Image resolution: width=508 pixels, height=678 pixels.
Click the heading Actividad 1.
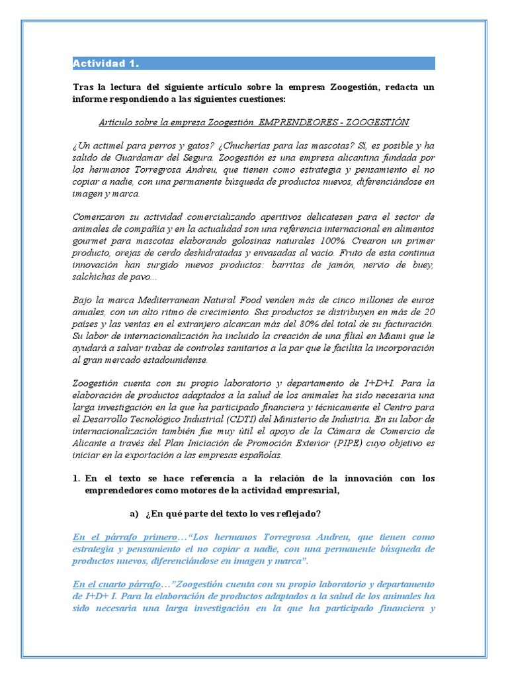point(106,64)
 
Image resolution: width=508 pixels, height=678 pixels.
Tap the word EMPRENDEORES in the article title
point(292,122)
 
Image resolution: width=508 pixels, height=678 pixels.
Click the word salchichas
point(95,276)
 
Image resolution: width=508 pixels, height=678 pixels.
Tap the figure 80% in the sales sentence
point(308,324)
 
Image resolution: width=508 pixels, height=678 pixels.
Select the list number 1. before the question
point(77,478)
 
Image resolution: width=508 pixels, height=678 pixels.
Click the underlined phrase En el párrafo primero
point(125,537)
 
